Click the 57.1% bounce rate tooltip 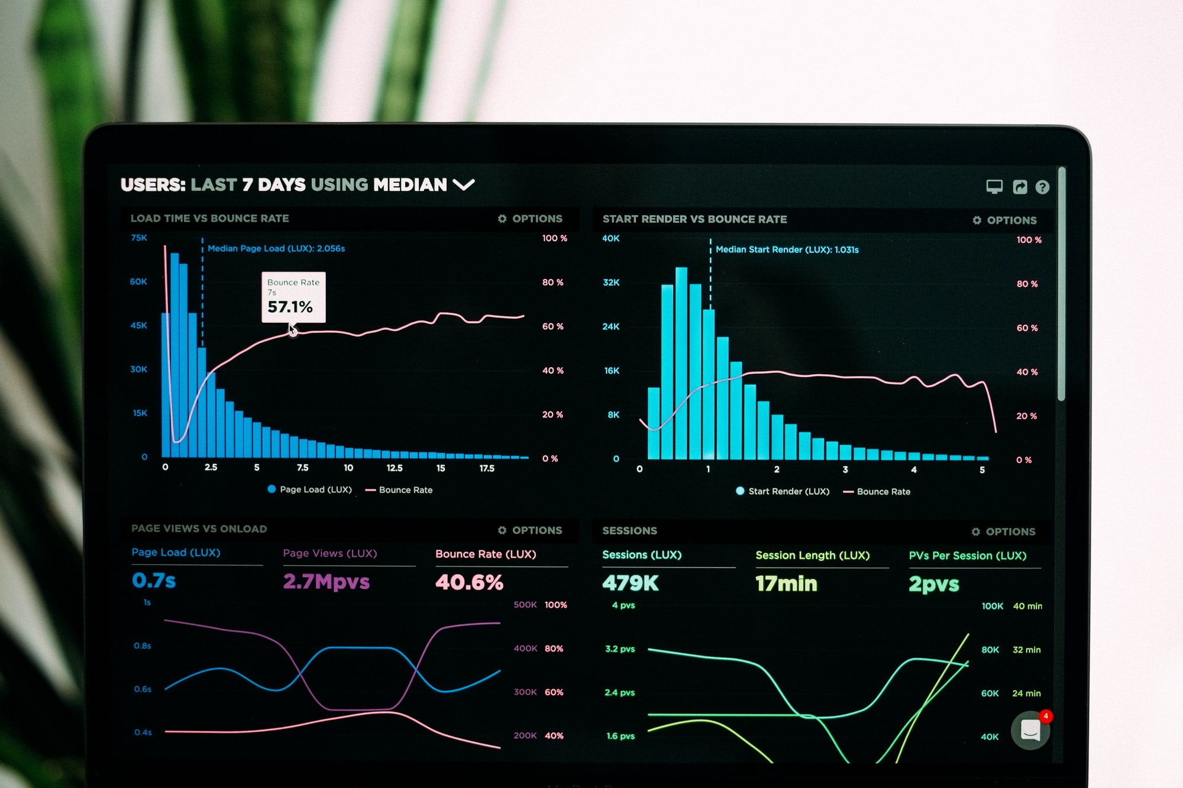[293, 297]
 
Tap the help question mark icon [1042, 187]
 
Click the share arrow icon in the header [1020, 187]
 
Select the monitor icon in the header [994, 187]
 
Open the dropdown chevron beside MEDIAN [464, 185]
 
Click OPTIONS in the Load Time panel [530, 219]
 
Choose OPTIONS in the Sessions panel [1004, 531]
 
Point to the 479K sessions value [630, 583]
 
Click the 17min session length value [786, 584]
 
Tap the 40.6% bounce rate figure [469, 583]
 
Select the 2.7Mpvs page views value [326, 582]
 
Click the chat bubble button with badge [1030, 731]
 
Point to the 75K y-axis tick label [139, 238]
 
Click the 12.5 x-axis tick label [395, 468]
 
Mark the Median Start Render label [787, 249]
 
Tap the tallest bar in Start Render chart [681, 363]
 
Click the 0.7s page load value [154, 581]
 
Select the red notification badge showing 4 [1046, 716]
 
